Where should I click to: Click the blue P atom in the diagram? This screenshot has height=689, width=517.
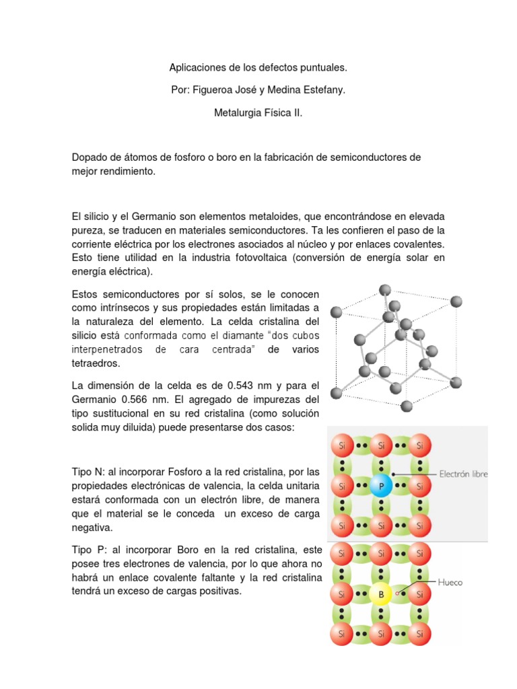(381, 485)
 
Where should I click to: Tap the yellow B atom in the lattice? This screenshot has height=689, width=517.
(381, 595)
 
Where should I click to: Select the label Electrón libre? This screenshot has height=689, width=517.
(463, 474)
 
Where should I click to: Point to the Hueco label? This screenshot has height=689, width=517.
(450, 583)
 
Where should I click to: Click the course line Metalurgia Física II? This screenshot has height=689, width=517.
(258, 114)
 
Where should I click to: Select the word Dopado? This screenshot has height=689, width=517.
(90, 157)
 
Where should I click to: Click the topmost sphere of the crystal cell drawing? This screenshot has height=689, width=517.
(385, 291)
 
